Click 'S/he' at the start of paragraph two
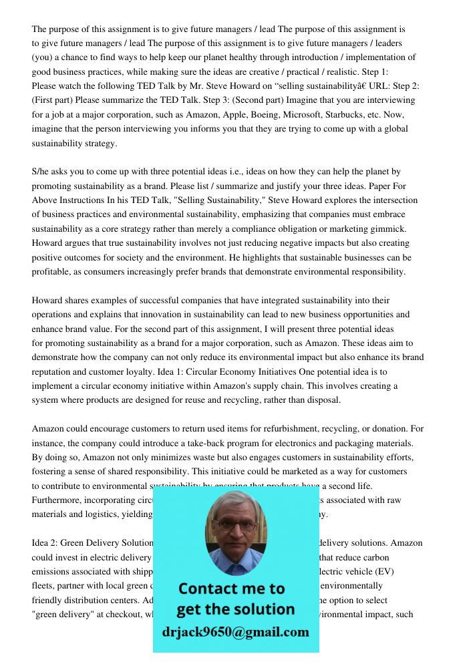pyautogui.click(x=41, y=172)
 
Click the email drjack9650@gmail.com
pyautogui.click(x=235, y=631)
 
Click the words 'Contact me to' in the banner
pyautogui.click(x=231, y=589)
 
